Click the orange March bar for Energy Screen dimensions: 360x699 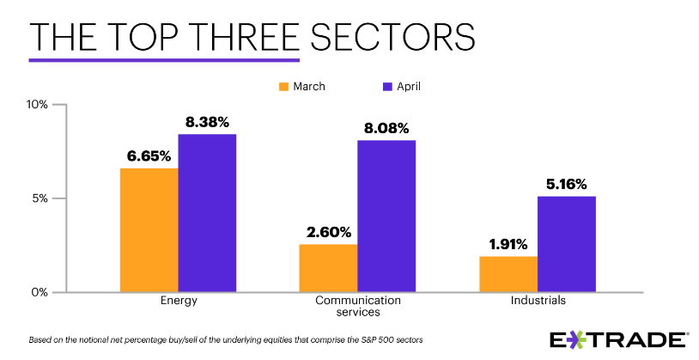click(149, 229)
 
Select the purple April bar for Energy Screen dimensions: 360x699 click(207, 213)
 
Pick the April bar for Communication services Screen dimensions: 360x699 click(386, 216)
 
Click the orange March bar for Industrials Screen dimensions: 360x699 click(508, 274)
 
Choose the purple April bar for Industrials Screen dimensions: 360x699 click(566, 244)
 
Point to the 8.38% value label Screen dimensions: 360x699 click(207, 121)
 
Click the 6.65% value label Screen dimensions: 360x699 click(149, 156)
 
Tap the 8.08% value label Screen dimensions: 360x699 click(386, 127)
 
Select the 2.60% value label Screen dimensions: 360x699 click(328, 231)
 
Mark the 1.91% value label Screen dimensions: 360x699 click(508, 243)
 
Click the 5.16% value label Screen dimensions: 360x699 click(566, 183)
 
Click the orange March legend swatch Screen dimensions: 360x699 click(283, 86)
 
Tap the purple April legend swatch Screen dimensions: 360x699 click(386, 86)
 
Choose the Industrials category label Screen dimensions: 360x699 click(538, 302)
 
